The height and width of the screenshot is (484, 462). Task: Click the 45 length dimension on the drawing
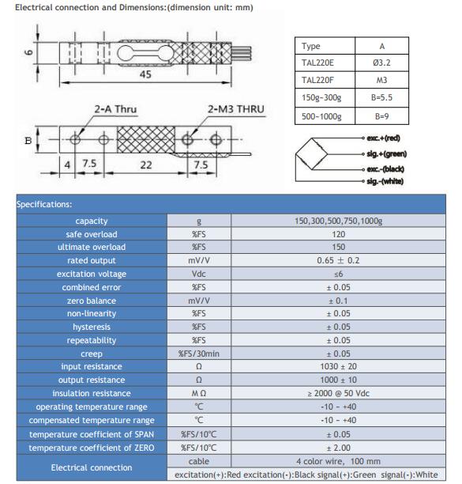[145, 74]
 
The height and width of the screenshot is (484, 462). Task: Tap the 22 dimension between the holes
[146, 165]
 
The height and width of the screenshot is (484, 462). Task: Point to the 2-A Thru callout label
[115, 109]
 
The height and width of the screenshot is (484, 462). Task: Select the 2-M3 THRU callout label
[236, 109]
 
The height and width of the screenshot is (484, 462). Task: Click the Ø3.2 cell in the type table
[381, 63]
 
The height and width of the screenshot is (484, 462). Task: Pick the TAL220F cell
[317, 80]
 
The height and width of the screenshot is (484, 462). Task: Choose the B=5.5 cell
[381, 98]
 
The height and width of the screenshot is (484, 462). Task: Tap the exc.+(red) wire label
[383, 138]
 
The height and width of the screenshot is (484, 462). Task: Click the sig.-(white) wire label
[385, 181]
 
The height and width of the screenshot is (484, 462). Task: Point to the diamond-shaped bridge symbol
[312, 153]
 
